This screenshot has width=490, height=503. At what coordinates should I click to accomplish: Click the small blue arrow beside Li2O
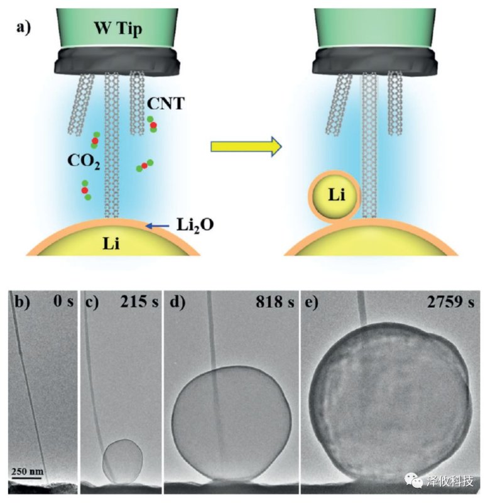[x=156, y=224]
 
